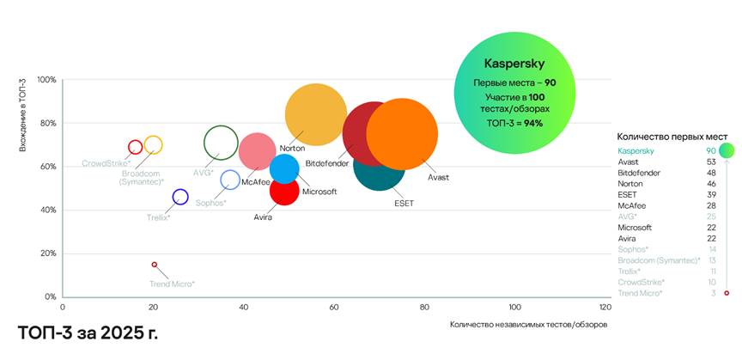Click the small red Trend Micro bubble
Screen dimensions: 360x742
[x=155, y=265]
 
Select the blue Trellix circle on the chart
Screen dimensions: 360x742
[x=180, y=197]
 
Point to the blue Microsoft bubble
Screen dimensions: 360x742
[x=283, y=168]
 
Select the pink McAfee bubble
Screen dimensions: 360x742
[x=257, y=151]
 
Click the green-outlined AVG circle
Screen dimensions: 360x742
[x=221, y=143]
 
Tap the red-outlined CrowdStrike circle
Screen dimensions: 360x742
[x=135, y=147]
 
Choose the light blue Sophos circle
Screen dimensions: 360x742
[x=230, y=180]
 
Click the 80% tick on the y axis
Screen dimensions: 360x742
[x=46, y=124]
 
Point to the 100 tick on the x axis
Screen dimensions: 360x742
[x=514, y=307]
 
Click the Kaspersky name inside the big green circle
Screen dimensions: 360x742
[x=514, y=64]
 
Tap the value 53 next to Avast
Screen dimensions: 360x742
[x=712, y=162]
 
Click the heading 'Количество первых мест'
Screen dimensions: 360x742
[x=672, y=137]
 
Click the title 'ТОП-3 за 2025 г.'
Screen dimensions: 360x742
[x=88, y=332]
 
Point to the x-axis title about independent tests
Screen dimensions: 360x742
[x=528, y=324]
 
